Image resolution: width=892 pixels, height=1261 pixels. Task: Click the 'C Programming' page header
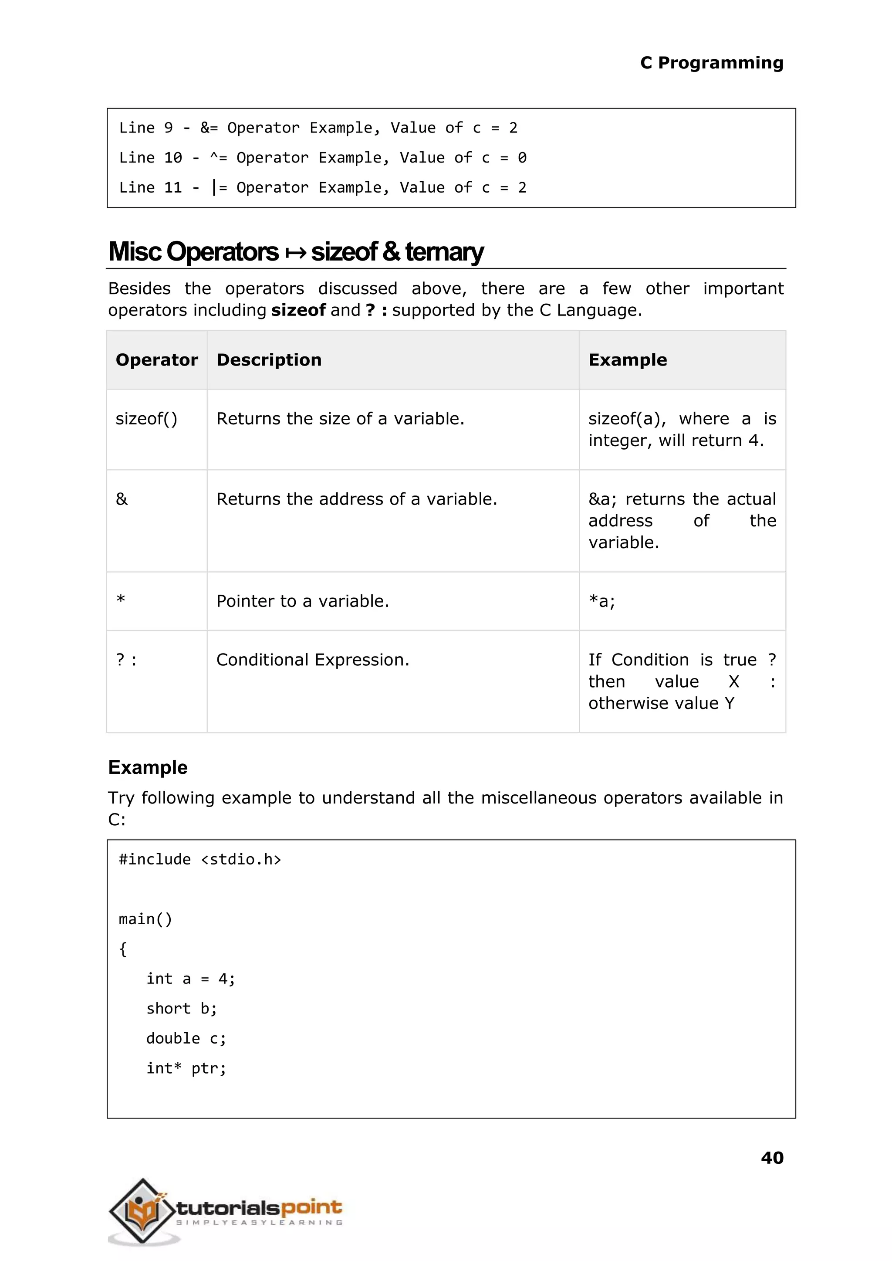click(x=711, y=63)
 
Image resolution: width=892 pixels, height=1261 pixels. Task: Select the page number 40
click(x=772, y=1157)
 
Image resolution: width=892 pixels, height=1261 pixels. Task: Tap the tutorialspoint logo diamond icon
click(x=142, y=1210)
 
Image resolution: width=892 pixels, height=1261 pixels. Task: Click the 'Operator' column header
click(x=156, y=360)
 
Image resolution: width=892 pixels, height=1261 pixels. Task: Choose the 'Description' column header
click(x=269, y=360)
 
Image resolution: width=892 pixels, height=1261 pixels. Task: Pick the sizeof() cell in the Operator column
click(x=146, y=419)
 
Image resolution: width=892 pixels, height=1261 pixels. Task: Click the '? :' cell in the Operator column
click(x=126, y=659)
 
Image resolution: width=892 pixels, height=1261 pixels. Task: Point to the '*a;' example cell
click(x=601, y=601)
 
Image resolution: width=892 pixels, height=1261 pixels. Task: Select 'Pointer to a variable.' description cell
click(x=303, y=601)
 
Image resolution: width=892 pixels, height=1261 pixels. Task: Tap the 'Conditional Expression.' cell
click(x=313, y=659)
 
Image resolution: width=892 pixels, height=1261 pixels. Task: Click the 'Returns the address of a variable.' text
click(x=356, y=499)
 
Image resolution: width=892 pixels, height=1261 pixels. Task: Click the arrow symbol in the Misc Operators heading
click(x=295, y=253)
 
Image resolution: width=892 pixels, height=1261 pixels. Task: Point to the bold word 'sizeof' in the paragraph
click(x=298, y=310)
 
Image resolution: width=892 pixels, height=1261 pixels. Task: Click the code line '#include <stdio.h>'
click(x=200, y=859)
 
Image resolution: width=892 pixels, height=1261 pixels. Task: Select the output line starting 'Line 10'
click(x=322, y=158)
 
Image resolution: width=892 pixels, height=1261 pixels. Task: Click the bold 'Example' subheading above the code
click(x=148, y=767)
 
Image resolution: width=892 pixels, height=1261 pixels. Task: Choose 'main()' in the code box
click(x=145, y=919)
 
